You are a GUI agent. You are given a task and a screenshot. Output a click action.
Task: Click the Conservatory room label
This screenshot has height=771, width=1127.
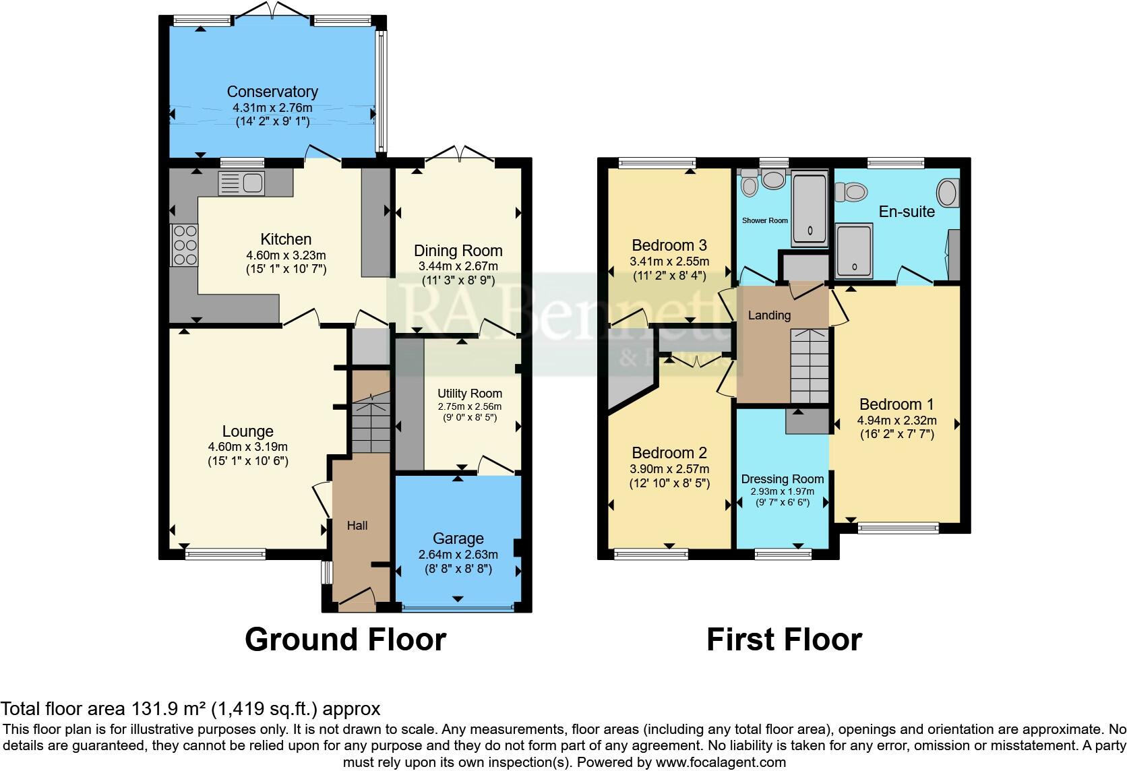[x=272, y=92]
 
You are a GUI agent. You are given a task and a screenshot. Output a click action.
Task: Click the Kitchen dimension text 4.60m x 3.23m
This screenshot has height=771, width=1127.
[x=286, y=255]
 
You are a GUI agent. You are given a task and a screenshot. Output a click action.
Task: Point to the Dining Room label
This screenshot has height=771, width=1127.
[x=458, y=251]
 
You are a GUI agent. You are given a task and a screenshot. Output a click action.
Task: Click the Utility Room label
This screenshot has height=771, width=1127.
[x=470, y=394]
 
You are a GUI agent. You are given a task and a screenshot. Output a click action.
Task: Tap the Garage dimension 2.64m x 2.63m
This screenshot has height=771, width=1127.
[x=458, y=555]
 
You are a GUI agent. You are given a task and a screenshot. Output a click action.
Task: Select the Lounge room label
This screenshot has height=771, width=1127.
[x=248, y=431]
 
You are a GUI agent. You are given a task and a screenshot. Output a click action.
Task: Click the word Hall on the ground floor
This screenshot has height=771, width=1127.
[x=357, y=525]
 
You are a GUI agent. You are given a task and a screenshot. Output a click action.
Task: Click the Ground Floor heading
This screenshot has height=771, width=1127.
[x=345, y=639]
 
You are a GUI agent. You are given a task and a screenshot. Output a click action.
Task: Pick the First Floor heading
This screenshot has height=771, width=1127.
[x=784, y=639]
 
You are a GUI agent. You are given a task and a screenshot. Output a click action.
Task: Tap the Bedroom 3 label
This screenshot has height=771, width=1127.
[x=669, y=245]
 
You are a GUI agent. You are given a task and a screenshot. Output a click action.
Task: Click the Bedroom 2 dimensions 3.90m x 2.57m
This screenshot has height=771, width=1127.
[x=669, y=469]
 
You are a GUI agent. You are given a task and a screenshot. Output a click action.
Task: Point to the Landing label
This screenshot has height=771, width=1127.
[x=769, y=315]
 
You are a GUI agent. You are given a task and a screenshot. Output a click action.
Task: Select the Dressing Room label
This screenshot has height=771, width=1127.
[x=783, y=479]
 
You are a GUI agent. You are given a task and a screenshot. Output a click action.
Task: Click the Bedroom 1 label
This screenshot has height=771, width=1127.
[x=896, y=404]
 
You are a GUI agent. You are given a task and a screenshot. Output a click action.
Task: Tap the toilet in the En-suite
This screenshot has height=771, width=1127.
[x=852, y=192]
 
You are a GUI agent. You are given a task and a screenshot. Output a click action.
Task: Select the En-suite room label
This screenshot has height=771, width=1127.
[x=907, y=212]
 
